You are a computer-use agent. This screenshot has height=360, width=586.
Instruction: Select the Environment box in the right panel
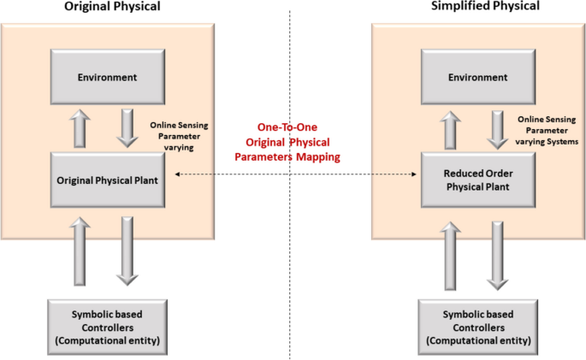tap(476, 77)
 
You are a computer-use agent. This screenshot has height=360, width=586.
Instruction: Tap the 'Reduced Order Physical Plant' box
tap(476, 179)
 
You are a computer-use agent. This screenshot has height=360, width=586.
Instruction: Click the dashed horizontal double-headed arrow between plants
tap(293, 174)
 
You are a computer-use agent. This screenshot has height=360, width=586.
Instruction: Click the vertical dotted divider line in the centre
tap(291, 257)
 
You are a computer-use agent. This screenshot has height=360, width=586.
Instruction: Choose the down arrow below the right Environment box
tap(498, 128)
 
